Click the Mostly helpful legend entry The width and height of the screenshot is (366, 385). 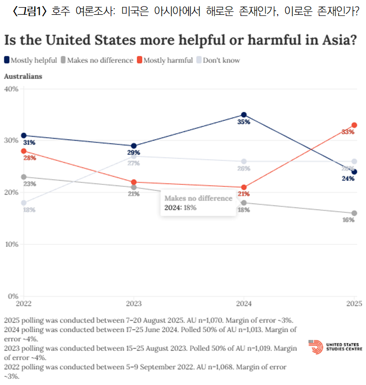[30, 60]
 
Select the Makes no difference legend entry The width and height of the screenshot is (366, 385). [97, 60]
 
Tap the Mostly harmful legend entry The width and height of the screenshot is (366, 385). [165, 60]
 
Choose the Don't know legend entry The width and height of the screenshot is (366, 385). [218, 60]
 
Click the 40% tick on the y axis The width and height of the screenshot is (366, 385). [11, 89]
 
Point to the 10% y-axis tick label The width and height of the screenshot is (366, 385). [11, 244]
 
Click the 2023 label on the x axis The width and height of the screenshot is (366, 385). [134, 304]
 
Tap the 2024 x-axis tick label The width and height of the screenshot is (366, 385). [243, 304]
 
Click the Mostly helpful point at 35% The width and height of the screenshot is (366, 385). [244, 115]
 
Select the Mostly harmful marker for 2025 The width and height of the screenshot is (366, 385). [354, 125]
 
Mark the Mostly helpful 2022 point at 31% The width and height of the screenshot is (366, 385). [24, 136]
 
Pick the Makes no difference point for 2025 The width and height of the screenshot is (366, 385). [354, 213]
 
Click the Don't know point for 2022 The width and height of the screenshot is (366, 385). [24, 203]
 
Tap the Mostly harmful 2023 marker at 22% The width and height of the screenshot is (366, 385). [134, 182]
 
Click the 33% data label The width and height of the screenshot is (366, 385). [348, 132]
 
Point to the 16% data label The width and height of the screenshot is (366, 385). [348, 220]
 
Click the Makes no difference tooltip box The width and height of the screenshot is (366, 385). [198, 203]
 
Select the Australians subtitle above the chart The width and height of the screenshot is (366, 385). [23, 76]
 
